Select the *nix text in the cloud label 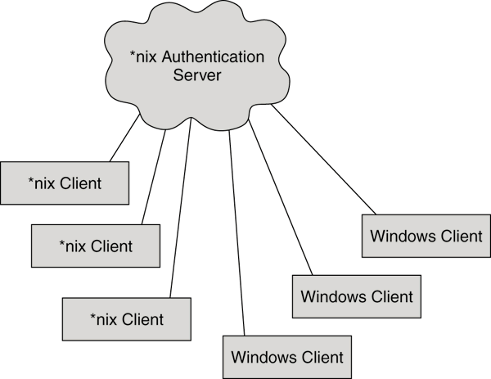pos(145,58)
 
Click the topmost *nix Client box pos(65,183)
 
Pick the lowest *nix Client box pos(126,318)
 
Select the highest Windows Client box pos(426,237)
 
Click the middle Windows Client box pos(357,296)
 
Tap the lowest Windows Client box pos(287,357)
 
